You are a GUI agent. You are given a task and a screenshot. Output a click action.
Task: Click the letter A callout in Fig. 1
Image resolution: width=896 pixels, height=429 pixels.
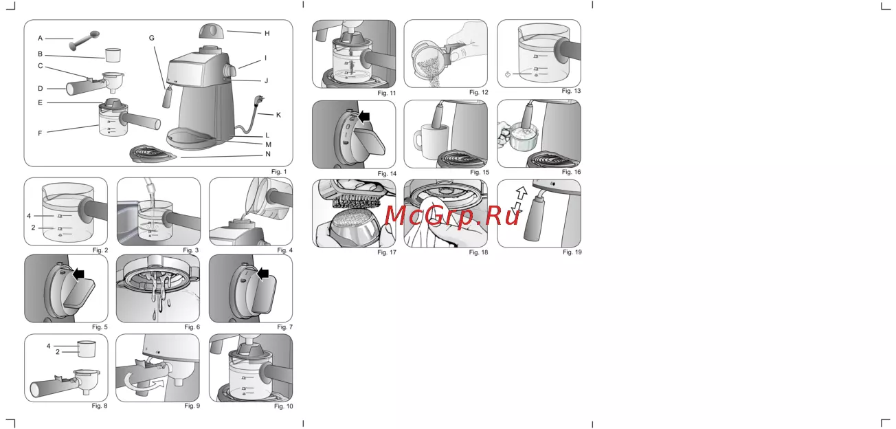40,38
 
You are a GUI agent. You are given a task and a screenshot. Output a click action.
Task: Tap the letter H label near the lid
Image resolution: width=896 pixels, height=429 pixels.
267,33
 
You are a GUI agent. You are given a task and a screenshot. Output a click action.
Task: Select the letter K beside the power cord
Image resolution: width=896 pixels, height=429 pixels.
278,115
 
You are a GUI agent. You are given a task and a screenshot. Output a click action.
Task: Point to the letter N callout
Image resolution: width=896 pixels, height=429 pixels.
268,154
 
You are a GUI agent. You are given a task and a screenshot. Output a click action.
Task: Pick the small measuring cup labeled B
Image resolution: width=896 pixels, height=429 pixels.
113,55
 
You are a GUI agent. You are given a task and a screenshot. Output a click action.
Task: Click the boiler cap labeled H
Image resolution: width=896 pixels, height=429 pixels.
211,31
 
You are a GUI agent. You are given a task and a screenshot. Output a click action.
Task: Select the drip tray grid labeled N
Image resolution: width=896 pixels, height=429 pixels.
153,154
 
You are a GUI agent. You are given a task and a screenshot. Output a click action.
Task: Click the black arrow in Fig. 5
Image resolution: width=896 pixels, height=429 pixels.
79,274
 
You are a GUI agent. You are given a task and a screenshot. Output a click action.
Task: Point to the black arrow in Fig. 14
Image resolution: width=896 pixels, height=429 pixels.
364,117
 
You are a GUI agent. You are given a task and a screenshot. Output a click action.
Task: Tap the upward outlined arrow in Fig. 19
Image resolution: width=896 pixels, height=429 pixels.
522,193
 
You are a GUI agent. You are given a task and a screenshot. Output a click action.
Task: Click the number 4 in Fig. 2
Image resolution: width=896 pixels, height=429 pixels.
29,216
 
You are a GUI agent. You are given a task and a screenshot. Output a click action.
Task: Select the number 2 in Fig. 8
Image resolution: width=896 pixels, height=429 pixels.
58,352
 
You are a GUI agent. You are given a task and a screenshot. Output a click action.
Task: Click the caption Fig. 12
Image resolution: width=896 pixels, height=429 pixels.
479,92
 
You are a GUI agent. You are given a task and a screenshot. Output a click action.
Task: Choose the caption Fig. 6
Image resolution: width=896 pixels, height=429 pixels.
192,327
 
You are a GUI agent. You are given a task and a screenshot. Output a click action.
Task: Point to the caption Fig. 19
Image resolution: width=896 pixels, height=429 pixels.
572,252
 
